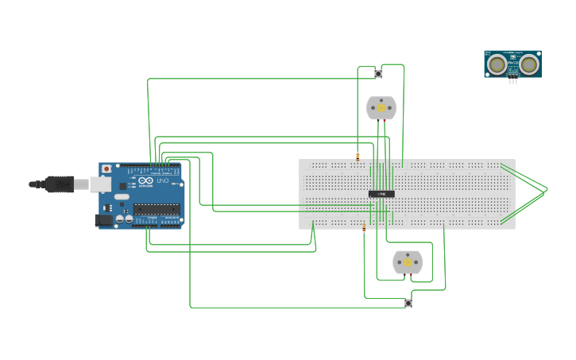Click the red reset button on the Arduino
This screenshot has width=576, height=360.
point(106,169)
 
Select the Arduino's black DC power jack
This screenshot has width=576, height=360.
point(103,220)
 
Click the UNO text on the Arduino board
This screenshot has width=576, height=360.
point(162,182)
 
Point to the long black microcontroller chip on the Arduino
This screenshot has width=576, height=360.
point(156,209)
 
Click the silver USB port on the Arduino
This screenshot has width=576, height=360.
point(100,184)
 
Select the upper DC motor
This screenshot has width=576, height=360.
point(381,108)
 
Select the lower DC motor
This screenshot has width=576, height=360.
point(408,262)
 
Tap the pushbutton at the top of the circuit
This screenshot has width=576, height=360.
point(378,74)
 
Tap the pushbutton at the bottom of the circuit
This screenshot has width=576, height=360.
point(408,303)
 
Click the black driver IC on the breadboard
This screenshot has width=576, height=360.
point(381,194)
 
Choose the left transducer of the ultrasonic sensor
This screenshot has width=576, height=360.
point(497,64)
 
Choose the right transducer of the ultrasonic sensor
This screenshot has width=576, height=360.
point(528,64)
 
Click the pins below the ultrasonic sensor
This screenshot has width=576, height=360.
point(512,80)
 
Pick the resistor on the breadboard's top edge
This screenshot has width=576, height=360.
point(358,157)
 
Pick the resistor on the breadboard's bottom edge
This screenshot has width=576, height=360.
point(364,228)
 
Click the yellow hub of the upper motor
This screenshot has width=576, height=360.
point(381,107)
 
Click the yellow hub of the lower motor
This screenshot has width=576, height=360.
point(408,261)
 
